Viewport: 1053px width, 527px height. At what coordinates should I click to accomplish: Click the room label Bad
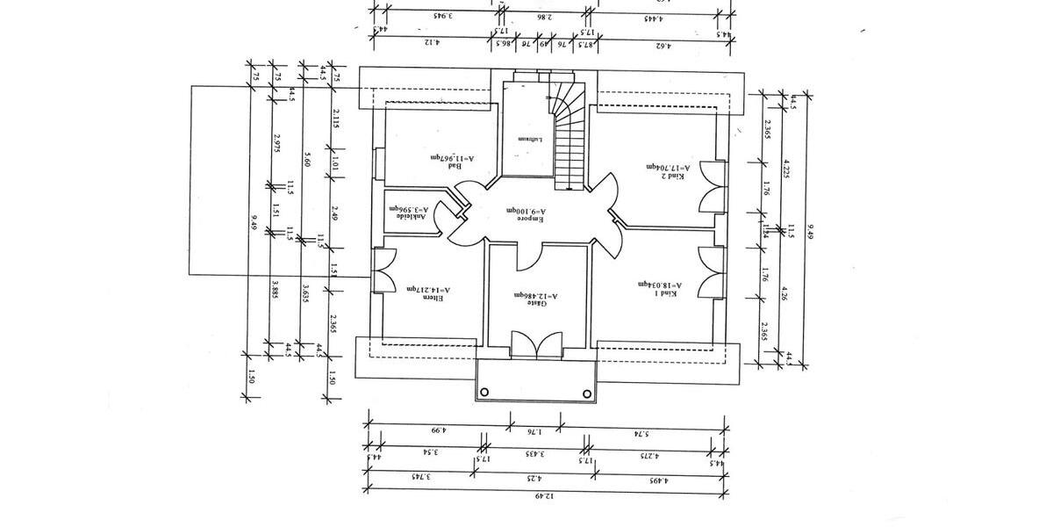click(x=454, y=167)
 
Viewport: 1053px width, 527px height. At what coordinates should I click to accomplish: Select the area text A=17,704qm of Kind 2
click(x=669, y=166)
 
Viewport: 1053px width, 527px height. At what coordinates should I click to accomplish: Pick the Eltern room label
click(x=438, y=298)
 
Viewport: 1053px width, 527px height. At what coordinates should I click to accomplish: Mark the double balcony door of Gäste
click(x=536, y=345)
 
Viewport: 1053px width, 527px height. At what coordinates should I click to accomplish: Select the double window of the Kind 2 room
click(x=713, y=187)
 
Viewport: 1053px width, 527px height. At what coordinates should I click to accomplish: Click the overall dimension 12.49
click(x=544, y=496)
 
